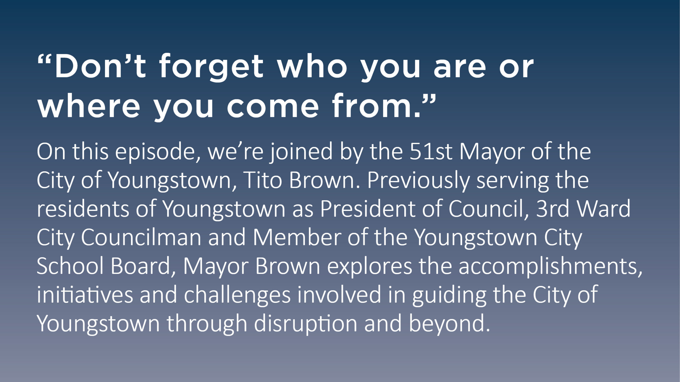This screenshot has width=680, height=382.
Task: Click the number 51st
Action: pyautogui.click(x=431, y=151)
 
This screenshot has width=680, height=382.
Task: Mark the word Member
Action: pyautogui.click(x=297, y=237)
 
